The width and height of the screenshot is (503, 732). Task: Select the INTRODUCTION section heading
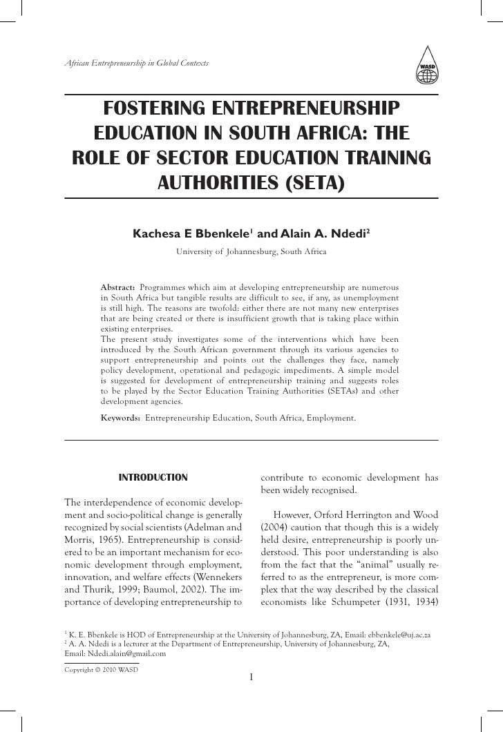click(x=153, y=477)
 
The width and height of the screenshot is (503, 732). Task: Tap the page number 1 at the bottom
click(x=251, y=676)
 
